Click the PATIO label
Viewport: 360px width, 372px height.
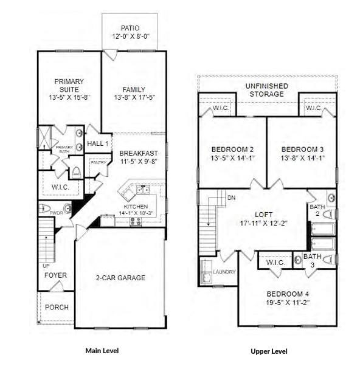(x=130, y=28)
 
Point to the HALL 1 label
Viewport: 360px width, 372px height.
(x=97, y=143)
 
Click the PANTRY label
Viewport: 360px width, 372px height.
(x=99, y=163)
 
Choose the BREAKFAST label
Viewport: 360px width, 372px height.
(x=139, y=153)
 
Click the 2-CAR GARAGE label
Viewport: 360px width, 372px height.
(x=120, y=278)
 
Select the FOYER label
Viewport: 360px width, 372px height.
(x=55, y=275)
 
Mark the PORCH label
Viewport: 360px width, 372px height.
(x=57, y=307)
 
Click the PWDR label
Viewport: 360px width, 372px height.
(x=56, y=213)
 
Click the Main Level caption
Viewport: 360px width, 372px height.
(x=102, y=351)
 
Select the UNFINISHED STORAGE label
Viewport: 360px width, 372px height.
(x=268, y=91)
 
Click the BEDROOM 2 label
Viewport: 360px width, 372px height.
(x=232, y=150)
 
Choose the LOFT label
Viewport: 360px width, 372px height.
(x=262, y=215)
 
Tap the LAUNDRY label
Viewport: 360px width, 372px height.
(x=224, y=271)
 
